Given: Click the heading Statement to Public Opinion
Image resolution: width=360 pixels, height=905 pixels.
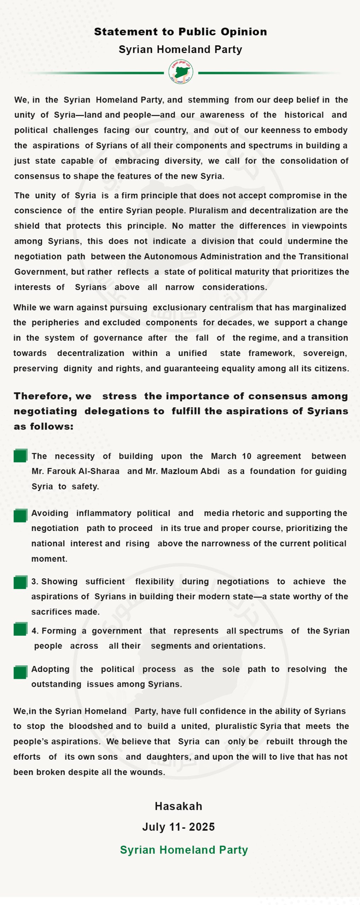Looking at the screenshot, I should (180, 32).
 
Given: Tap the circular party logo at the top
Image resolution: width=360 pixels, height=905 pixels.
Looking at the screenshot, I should (181, 72).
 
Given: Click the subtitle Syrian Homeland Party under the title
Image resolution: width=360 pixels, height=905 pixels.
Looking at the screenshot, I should (180, 49).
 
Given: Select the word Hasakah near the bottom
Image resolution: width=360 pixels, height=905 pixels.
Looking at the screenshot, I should (179, 806).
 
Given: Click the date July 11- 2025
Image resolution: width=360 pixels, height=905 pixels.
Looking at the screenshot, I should (179, 827).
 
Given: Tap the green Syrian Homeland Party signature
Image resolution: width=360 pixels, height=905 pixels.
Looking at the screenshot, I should (184, 849).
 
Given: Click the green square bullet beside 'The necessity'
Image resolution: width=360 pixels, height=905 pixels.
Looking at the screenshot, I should (21, 456).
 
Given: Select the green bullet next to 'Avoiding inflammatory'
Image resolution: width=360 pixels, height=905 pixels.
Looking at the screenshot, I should (21, 516).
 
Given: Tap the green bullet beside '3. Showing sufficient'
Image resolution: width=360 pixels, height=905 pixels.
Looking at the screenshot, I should (21, 582).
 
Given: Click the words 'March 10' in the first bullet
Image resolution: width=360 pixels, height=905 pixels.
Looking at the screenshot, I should (231, 456).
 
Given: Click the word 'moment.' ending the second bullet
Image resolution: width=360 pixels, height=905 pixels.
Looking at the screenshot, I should (49, 559).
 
